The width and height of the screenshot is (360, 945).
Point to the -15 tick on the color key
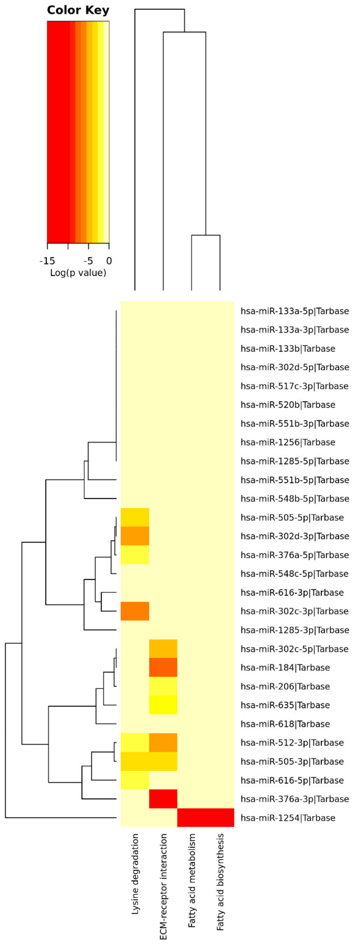47,261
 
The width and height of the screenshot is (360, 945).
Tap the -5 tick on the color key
88,261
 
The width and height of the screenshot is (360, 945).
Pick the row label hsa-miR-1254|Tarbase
288,818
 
